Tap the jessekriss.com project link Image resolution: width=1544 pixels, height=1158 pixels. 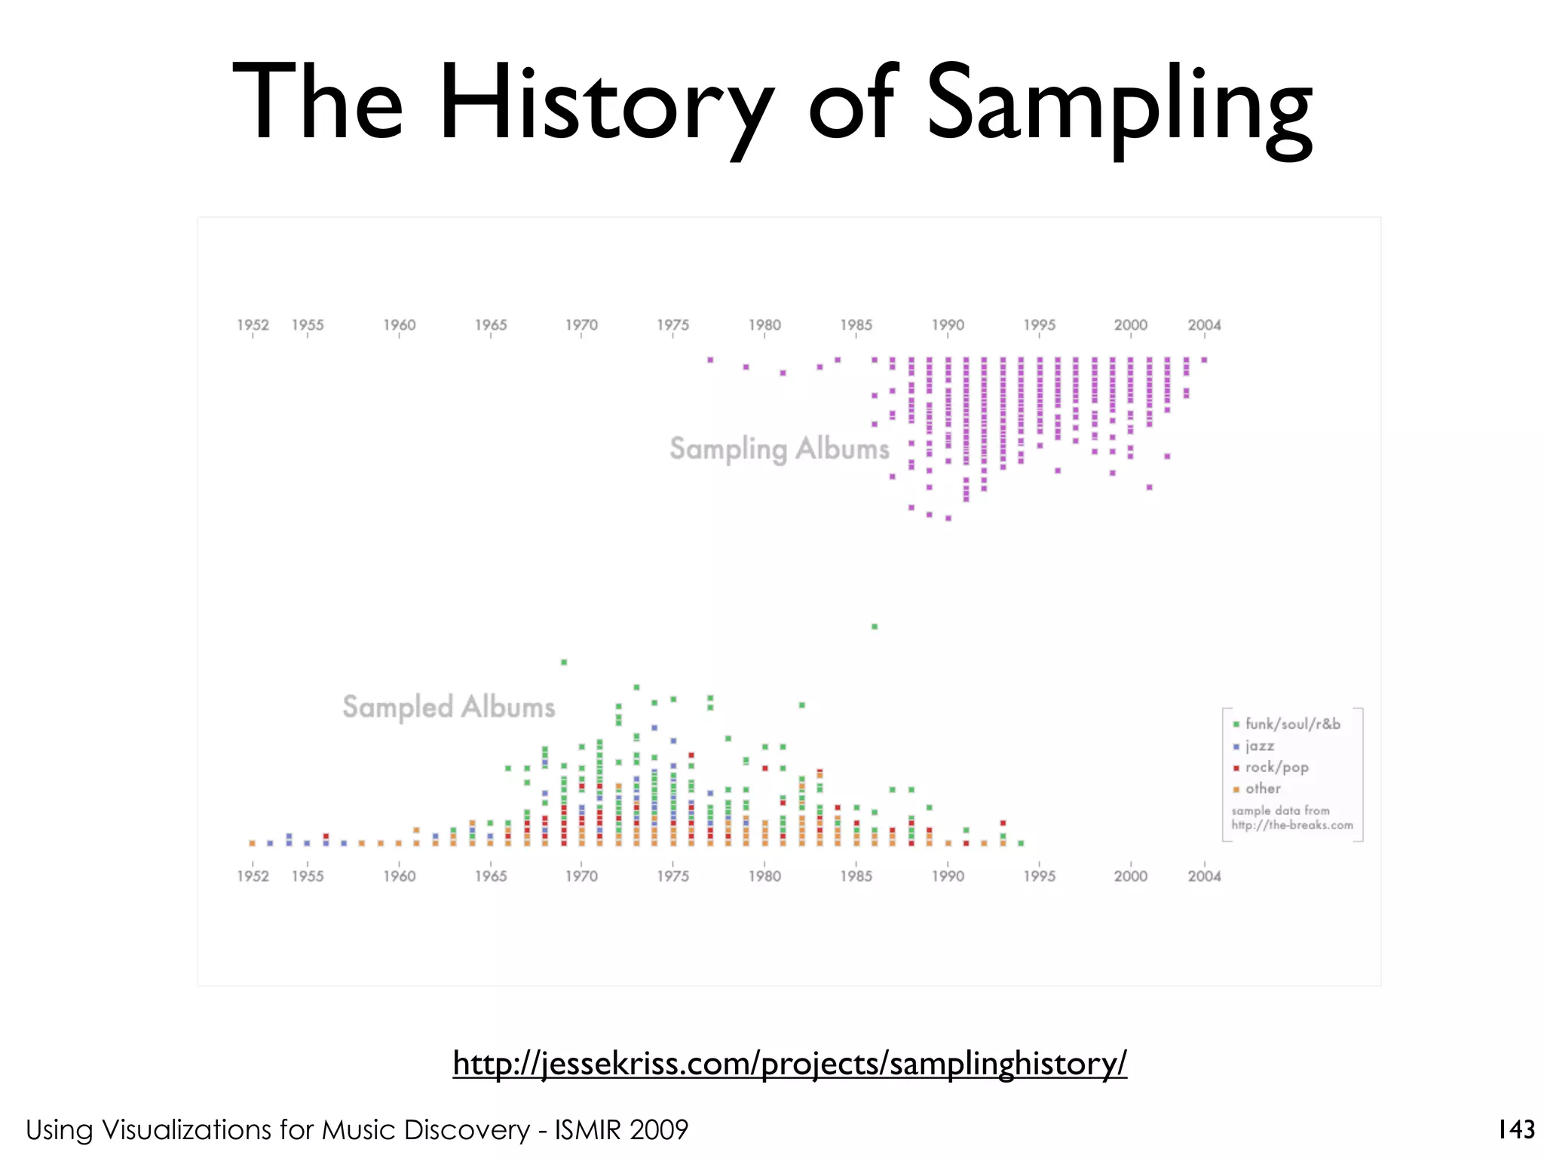coord(789,1063)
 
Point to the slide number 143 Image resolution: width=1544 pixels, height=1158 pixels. coord(1516,1129)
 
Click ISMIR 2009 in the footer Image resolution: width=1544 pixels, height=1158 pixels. coord(621,1129)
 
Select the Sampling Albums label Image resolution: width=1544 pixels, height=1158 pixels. coord(780,449)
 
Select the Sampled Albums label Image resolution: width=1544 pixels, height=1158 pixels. coord(449,707)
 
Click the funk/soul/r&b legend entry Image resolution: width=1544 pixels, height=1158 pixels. coord(1291,724)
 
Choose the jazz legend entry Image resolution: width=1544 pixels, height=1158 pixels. coord(1259,746)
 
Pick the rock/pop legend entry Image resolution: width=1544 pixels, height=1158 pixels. coord(1276,767)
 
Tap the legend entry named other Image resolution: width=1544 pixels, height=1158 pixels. coord(1262,789)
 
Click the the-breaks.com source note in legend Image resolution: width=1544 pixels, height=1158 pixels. coord(1291,825)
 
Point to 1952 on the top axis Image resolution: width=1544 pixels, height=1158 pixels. coord(253,325)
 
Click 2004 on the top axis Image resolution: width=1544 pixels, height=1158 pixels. coord(1204,325)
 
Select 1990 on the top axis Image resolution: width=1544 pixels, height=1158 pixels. coord(948,325)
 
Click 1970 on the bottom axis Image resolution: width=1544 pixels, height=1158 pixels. coord(581,876)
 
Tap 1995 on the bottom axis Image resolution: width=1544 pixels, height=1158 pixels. coord(1039,876)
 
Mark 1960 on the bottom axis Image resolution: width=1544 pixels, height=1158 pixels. coord(399,876)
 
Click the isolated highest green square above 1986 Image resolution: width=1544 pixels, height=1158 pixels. coord(875,626)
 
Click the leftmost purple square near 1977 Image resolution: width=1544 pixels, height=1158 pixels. coord(710,360)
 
